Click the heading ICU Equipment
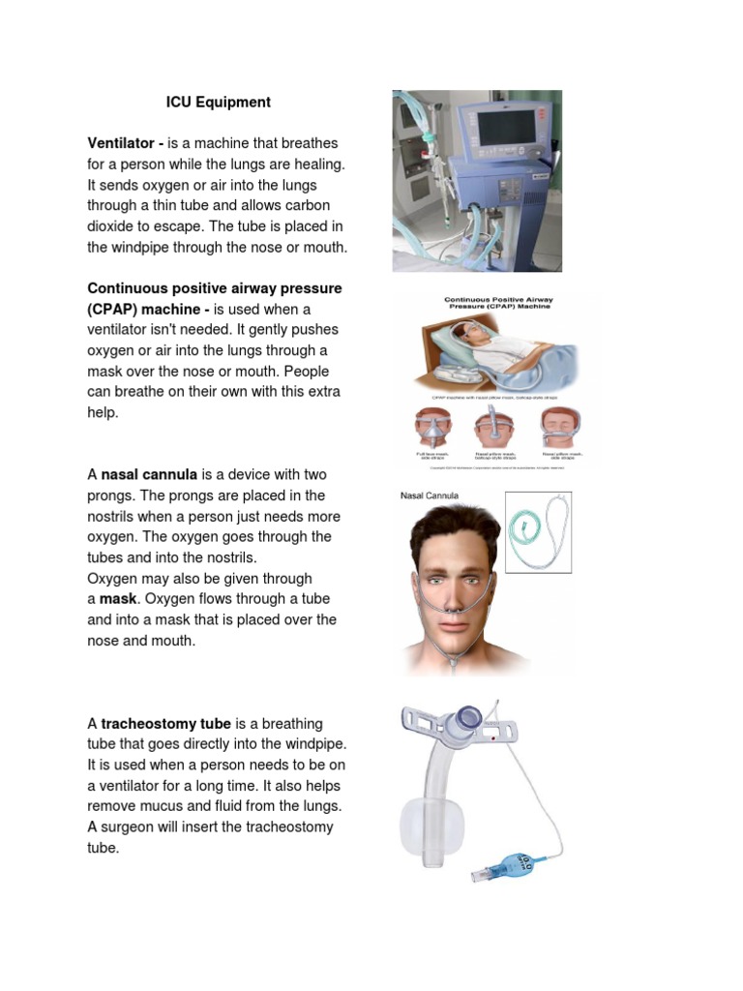(219, 103)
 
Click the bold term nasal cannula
(149, 475)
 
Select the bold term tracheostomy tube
(165, 724)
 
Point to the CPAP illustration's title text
(499, 305)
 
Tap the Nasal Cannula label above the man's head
(430, 496)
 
